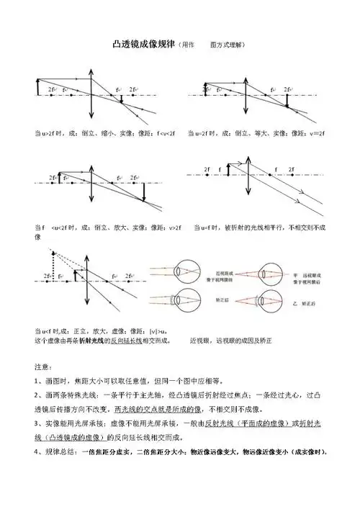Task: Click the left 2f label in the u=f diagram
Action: click(x=207, y=170)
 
